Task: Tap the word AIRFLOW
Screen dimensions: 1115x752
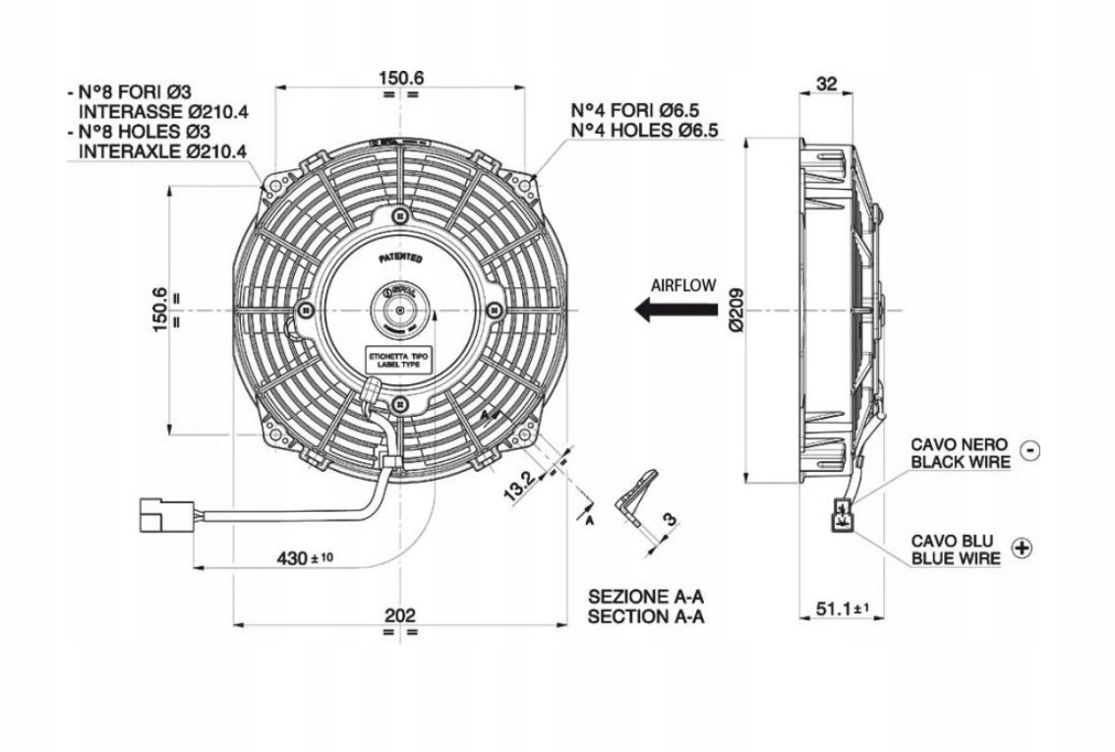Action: [x=683, y=285]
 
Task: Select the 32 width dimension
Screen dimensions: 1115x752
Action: [x=826, y=85]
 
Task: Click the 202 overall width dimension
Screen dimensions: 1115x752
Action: [x=399, y=615]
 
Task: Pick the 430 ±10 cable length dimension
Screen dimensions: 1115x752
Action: [x=305, y=558]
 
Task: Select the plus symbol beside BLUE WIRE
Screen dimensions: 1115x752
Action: [x=1022, y=549]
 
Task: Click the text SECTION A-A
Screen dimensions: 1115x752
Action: [x=647, y=617]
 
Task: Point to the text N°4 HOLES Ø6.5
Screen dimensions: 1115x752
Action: [x=644, y=130]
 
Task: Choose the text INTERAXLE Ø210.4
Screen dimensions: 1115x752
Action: [x=162, y=150]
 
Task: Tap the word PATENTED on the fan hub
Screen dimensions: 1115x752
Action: [x=400, y=259]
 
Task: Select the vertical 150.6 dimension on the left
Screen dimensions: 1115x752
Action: [x=161, y=311]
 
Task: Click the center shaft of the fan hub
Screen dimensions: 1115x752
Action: [x=399, y=312]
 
